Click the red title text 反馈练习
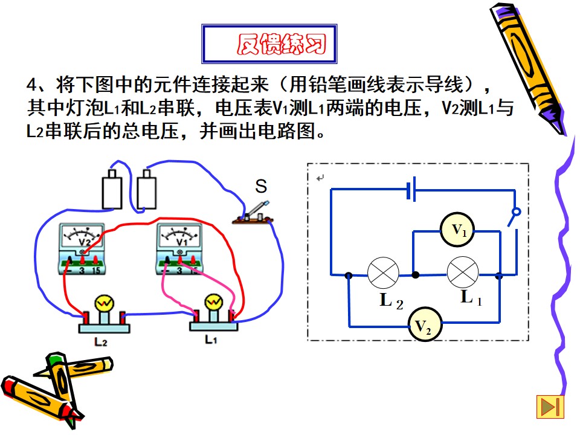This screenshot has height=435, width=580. (x=282, y=44)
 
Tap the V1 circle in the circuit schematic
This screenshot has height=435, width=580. (x=457, y=230)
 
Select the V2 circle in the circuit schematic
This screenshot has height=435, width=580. (x=425, y=324)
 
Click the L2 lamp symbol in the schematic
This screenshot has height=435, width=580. (x=384, y=273)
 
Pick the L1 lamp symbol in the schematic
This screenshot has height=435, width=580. (x=463, y=272)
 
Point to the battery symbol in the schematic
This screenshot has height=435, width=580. (x=411, y=189)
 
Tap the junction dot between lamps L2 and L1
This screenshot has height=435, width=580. (x=416, y=275)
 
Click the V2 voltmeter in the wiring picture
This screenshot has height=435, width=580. (x=82, y=248)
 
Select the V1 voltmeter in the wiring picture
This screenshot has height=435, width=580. (x=179, y=248)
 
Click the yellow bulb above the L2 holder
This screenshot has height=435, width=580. (x=104, y=303)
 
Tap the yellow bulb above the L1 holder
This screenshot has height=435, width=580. (x=214, y=303)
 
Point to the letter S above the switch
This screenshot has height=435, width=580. (x=261, y=186)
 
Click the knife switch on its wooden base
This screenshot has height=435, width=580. (x=253, y=214)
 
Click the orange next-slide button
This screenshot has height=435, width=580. (x=550, y=407)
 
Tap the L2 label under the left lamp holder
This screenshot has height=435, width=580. (x=101, y=342)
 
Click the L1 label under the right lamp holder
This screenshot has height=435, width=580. (x=211, y=339)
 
